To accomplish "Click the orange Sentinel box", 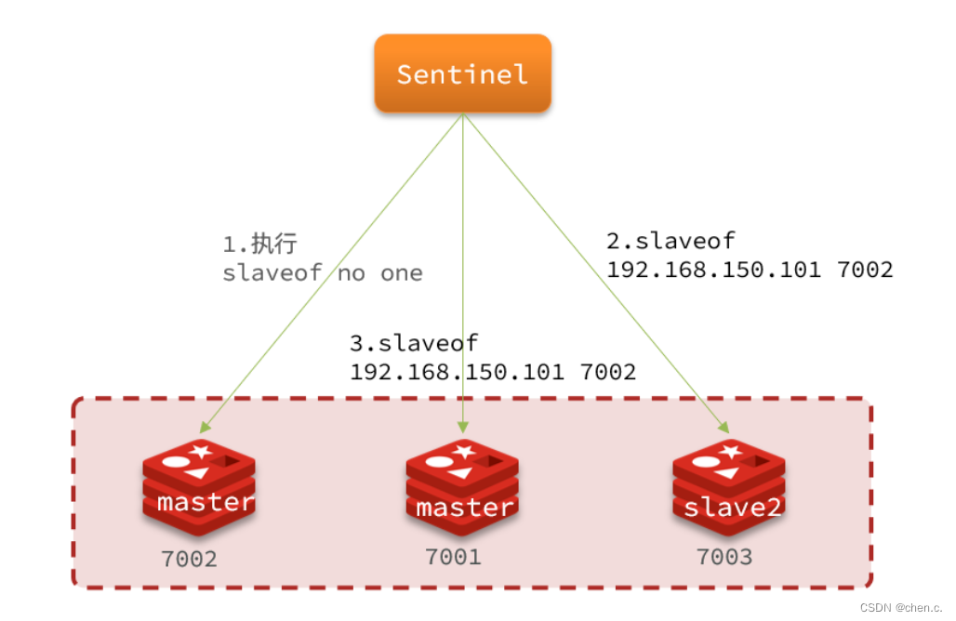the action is (463, 73).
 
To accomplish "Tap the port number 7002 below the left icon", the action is (189, 559).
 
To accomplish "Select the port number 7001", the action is (453, 557).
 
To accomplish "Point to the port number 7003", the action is (724, 557).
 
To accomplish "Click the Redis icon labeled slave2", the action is (728, 487).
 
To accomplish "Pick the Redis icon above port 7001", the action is (462, 487).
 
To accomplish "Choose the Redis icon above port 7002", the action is (199, 487).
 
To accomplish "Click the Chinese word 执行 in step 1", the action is (274, 244).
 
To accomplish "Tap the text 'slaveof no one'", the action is (323, 273).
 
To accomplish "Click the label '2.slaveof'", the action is (671, 241).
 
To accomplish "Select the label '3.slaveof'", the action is (414, 343).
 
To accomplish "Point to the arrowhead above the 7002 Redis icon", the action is (205, 428).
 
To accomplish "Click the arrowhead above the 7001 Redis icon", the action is (463, 427).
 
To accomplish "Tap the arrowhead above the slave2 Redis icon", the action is (724, 428).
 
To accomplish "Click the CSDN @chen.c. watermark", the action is (901, 608).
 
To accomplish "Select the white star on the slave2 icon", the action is (730, 452).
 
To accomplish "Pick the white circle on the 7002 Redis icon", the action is (176, 461).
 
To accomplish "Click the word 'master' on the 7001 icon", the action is (465, 508).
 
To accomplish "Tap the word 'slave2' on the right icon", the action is (732, 507).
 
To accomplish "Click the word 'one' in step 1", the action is (401, 273).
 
